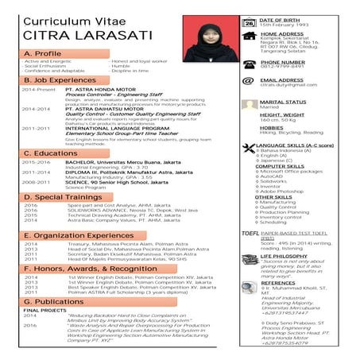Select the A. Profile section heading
tap(43, 53)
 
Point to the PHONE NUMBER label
tap(282, 62)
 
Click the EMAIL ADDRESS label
tap(281, 80)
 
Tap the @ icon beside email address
tap(248, 83)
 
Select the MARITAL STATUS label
tap(284, 102)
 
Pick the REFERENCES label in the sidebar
tap(277, 282)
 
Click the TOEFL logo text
tap(247, 234)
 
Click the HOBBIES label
tap(272, 127)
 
